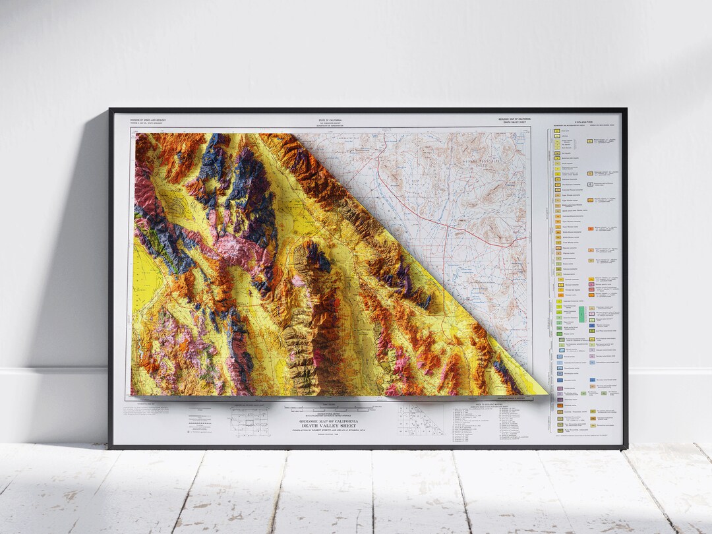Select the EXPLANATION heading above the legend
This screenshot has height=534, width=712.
point(582,122)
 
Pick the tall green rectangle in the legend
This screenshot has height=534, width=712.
point(582,313)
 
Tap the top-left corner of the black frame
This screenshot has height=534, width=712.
point(111,109)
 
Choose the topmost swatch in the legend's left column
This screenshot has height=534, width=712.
point(557,131)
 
